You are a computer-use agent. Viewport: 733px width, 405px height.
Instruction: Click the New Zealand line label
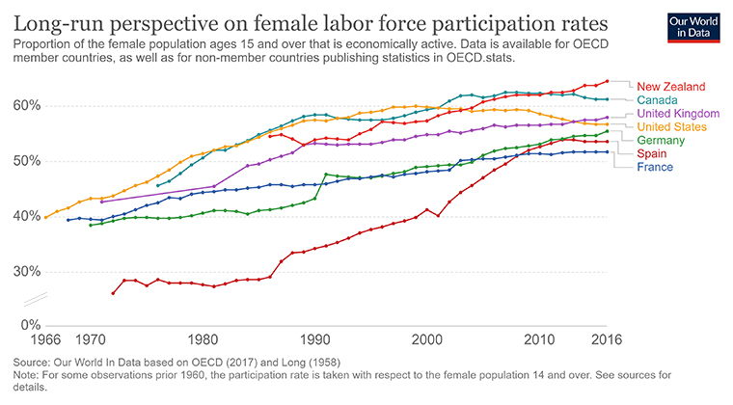tap(671, 86)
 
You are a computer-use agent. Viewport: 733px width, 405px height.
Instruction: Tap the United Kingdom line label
tap(678, 113)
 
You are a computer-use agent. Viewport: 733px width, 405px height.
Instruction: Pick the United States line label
tap(672, 126)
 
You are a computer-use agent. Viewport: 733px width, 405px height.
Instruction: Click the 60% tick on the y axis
tap(28, 105)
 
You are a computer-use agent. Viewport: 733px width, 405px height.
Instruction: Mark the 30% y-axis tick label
tap(28, 271)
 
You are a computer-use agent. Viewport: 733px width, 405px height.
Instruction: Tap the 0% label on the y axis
tap(31, 325)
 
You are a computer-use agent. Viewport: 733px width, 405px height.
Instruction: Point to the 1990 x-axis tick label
tap(313, 339)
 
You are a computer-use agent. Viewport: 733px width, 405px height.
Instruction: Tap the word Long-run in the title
tap(61, 22)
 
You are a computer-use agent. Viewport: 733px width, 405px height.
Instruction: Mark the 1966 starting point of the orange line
tap(45, 217)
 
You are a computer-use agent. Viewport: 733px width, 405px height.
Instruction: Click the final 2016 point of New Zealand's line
tap(607, 81)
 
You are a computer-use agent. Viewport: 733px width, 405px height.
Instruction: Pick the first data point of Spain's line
tap(113, 293)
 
